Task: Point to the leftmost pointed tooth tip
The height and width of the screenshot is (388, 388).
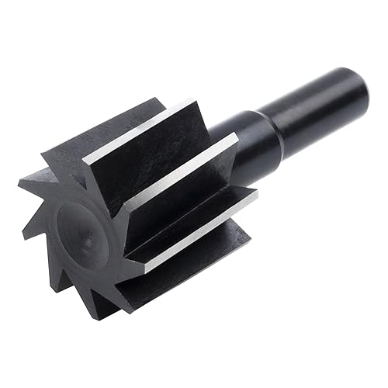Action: (x=19, y=183)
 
